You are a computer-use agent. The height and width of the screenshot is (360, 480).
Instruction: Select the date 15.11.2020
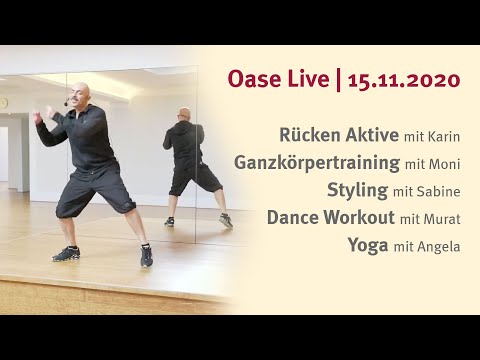404,78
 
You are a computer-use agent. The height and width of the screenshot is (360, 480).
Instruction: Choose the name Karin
444,136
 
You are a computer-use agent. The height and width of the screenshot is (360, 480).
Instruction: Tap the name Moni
443,163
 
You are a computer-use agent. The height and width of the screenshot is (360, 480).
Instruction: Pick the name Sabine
440,190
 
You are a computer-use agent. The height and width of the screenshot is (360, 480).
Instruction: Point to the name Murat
442,218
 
